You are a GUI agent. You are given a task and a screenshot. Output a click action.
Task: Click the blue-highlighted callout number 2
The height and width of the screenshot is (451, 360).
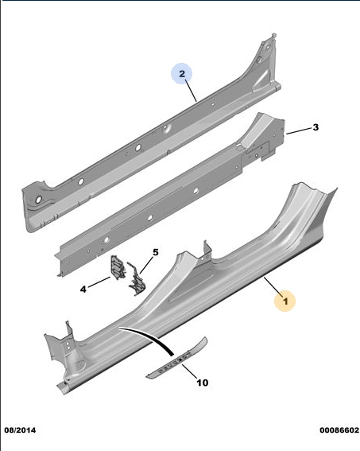(x=182, y=74)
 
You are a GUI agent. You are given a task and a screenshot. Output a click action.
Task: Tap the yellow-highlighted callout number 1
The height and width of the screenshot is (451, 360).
(x=285, y=301)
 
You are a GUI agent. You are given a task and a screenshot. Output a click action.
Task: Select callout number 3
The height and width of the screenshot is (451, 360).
(x=315, y=127)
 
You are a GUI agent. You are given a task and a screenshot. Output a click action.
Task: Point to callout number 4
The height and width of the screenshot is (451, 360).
(x=83, y=289)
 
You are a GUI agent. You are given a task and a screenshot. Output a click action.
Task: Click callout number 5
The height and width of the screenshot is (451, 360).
(x=156, y=252)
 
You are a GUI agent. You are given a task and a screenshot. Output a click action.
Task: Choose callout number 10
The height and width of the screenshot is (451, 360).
(x=203, y=383)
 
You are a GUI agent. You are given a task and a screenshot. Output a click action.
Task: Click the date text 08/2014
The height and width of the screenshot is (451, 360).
(x=20, y=430)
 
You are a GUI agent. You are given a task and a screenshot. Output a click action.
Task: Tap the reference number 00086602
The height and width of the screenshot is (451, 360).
(x=339, y=430)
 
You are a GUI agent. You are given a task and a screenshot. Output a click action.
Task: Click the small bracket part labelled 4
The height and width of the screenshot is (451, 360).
(x=118, y=267)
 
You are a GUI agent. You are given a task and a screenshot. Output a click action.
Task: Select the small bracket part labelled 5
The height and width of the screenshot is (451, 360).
(x=137, y=279)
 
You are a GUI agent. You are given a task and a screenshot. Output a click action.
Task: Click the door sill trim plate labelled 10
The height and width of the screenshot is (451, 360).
(x=177, y=358)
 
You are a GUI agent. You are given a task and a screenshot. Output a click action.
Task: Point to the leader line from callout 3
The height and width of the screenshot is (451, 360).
(x=299, y=130)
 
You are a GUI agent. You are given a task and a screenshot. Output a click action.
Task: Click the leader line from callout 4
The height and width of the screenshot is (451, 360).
(x=99, y=282)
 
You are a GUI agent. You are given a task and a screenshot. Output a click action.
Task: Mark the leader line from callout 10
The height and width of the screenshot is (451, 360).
(x=189, y=371)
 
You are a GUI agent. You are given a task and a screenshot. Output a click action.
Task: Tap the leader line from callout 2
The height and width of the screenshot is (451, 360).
(x=191, y=91)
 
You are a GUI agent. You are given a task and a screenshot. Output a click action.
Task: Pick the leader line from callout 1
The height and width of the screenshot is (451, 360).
(x=272, y=285)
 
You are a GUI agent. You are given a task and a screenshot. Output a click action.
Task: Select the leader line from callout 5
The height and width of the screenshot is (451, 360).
(x=146, y=265)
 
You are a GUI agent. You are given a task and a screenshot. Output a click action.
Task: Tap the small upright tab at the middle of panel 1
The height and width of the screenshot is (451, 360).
(x=207, y=251)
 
